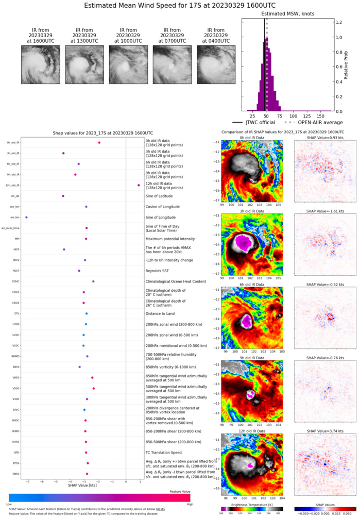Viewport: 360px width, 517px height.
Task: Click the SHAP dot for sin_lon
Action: click(x=26, y=218)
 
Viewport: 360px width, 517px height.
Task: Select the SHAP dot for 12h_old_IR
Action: click(x=139, y=185)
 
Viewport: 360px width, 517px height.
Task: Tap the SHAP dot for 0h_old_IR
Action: click(x=99, y=143)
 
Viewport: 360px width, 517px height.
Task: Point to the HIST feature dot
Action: click(x=64, y=249)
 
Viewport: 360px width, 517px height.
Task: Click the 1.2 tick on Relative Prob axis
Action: click(x=339, y=23)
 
